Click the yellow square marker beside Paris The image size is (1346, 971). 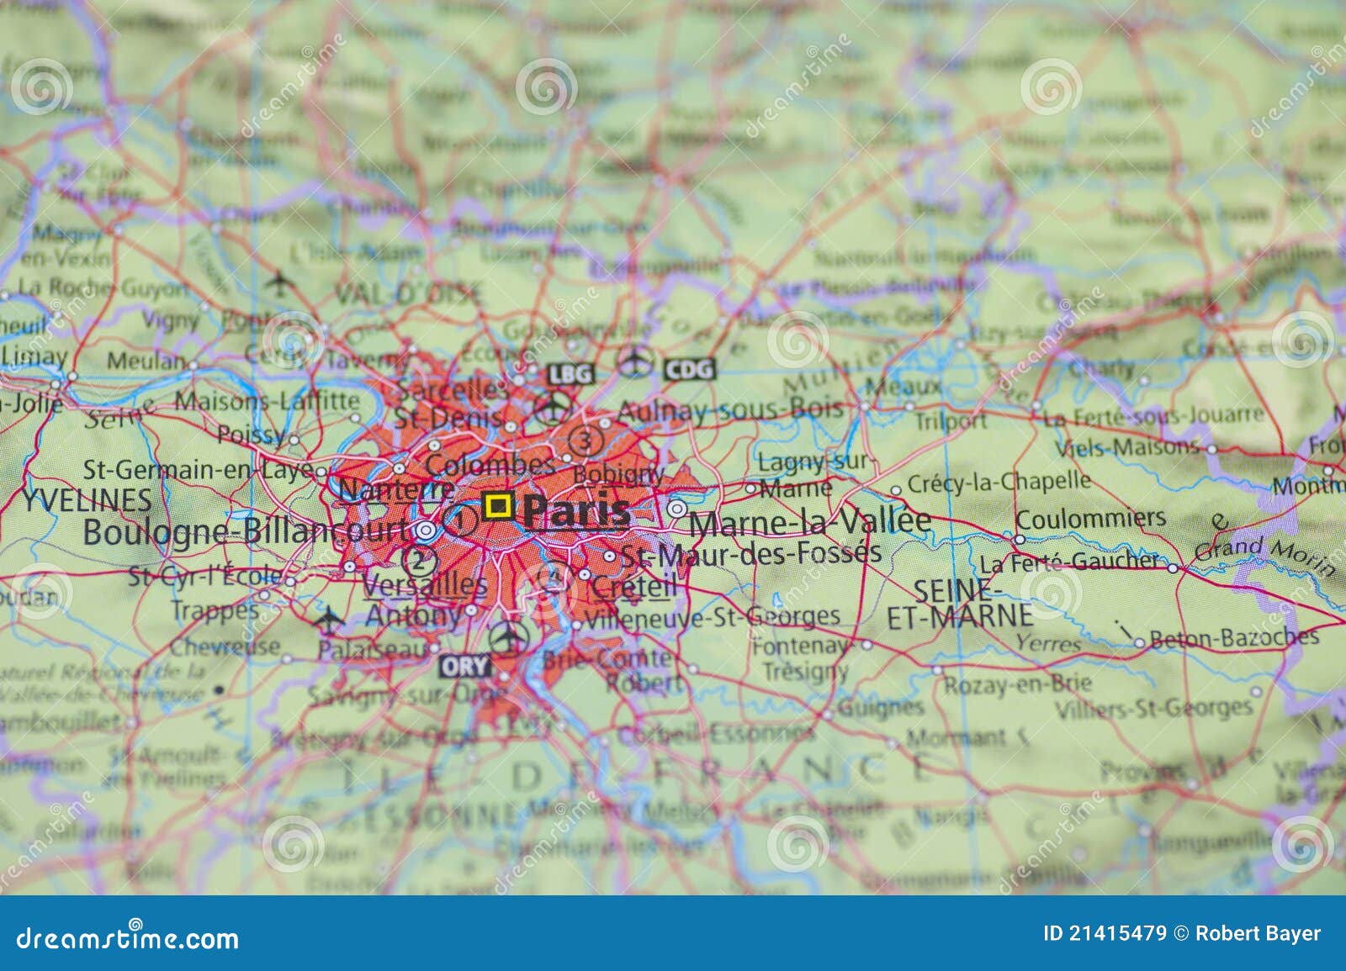[498, 505]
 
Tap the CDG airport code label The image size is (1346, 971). [689, 368]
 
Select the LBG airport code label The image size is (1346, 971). [570, 373]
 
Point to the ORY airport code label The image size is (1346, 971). [464, 667]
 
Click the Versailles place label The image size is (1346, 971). [425, 584]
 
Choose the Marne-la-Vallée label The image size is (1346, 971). [810, 522]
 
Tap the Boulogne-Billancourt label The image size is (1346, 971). [246, 531]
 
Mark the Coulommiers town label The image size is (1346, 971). [1090, 518]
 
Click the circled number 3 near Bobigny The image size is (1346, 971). [586, 439]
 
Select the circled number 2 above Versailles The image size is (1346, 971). [418, 558]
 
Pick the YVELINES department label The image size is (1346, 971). [87, 500]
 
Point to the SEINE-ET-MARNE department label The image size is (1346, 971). [960, 604]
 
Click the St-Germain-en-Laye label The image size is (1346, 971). [199, 469]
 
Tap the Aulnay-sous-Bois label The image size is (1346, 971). [729, 410]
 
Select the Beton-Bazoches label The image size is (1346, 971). [1233, 638]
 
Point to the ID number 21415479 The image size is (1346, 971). [1105, 933]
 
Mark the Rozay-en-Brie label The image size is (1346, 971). [1016, 683]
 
